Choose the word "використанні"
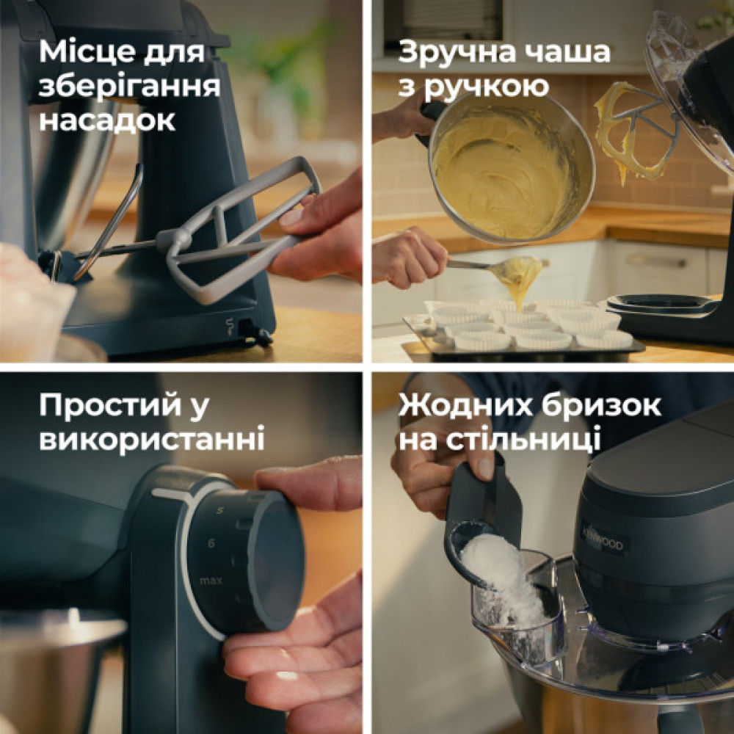click(152, 439)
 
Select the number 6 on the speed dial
click(211, 542)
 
